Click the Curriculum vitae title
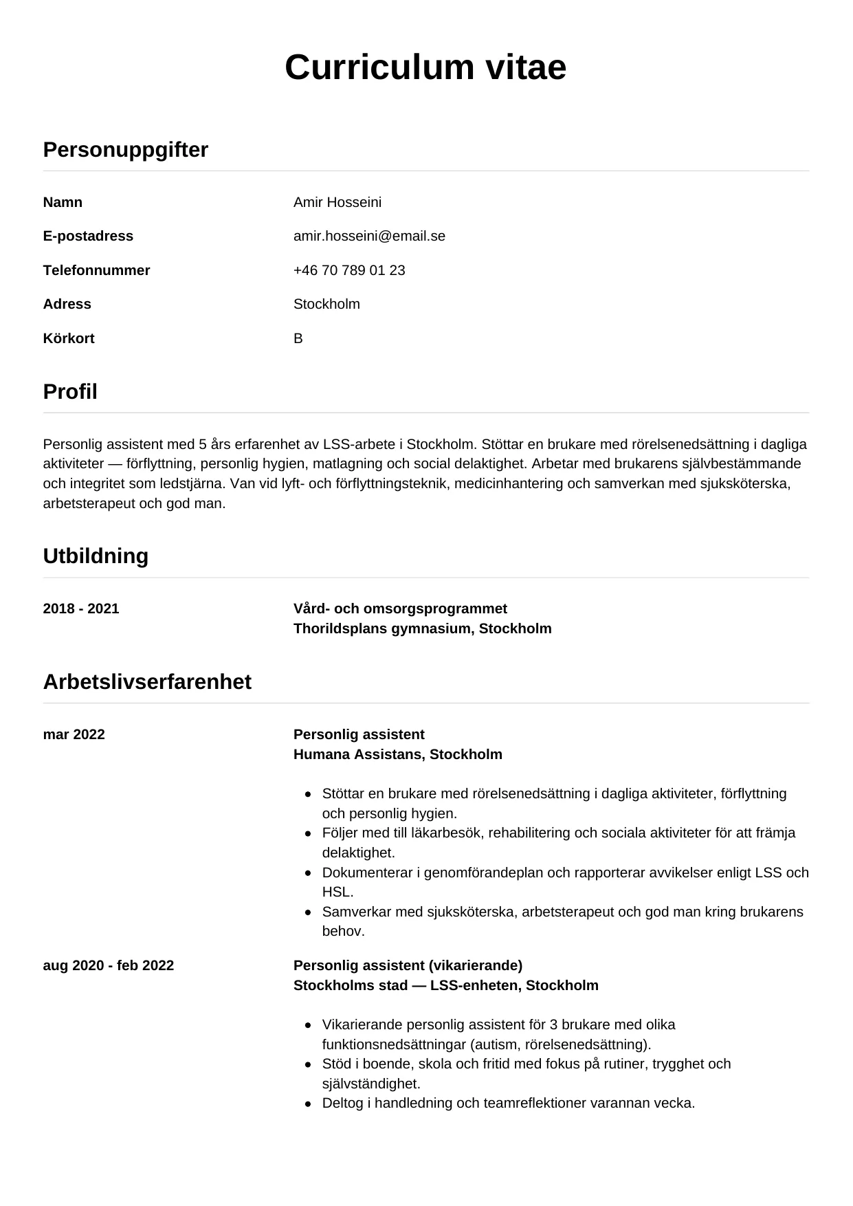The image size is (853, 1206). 425,67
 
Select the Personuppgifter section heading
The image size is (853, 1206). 125,149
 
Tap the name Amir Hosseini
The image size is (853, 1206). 337,202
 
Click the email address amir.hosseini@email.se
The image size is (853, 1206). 369,236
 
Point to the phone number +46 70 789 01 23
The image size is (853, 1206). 349,270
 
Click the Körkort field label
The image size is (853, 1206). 68,338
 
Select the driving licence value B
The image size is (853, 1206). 298,338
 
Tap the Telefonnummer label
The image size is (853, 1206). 96,270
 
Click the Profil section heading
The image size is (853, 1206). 70,391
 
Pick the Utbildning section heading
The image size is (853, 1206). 96,556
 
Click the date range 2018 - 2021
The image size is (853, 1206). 81,609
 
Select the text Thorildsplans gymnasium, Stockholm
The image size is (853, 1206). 422,628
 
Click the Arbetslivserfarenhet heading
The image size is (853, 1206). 147,681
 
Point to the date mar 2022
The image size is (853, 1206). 74,734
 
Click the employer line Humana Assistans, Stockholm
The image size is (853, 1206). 397,754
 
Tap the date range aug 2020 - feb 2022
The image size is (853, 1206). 108,965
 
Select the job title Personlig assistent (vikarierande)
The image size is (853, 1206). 408,965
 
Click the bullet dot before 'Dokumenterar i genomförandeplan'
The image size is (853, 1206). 309,873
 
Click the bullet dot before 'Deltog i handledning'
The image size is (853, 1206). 309,1104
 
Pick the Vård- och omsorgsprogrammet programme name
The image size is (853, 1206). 400,609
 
